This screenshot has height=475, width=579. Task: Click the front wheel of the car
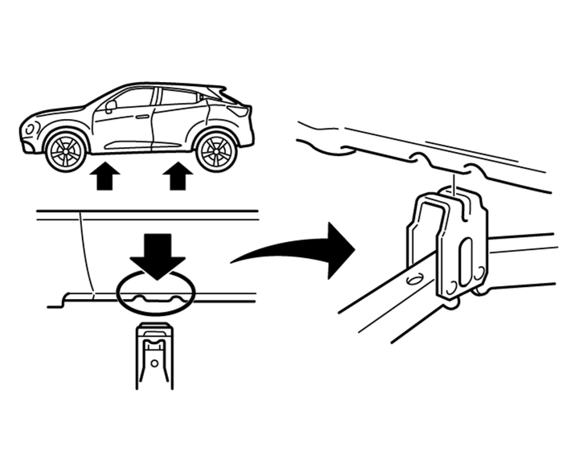pyautogui.click(x=65, y=149)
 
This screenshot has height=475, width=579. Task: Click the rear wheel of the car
pyautogui.click(x=216, y=149)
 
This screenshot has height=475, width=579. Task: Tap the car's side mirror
pyautogui.click(x=110, y=104)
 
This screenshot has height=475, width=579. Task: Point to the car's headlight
pyautogui.click(x=32, y=127)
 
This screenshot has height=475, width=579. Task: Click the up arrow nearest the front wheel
pyautogui.click(x=103, y=176)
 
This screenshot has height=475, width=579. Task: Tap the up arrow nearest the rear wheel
pyautogui.click(x=178, y=176)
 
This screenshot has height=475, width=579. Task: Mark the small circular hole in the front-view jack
pyautogui.click(x=155, y=362)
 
